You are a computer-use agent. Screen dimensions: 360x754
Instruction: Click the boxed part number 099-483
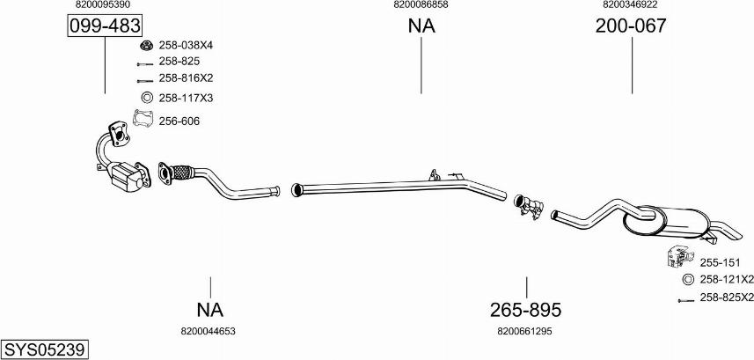pyautogui.click(x=105, y=26)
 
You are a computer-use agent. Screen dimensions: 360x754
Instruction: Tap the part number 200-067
pyautogui.click(x=631, y=26)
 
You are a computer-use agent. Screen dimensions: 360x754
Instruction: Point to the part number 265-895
pyautogui.click(x=525, y=311)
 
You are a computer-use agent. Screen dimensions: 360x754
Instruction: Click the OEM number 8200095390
pyautogui.click(x=104, y=5)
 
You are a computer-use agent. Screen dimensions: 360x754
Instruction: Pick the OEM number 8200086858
pyautogui.click(x=421, y=5)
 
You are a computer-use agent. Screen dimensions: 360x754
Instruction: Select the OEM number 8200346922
pyautogui.click(x=631, y=5)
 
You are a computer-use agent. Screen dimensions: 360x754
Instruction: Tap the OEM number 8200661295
pyautogui.click(x=525, y=332)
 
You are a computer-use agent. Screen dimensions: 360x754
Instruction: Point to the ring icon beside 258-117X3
pyautogui.click(x=147, y=97)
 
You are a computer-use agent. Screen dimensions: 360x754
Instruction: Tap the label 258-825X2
pyautogui.click(x=727, y=298)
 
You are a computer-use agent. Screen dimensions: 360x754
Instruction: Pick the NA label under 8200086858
pyautogui.click(x=421, y=26)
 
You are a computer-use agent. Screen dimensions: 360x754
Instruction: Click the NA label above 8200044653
pyautogui.click(x=209, y=311)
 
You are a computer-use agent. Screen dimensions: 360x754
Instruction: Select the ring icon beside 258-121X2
pyautogui.click(x=688, y=280)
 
